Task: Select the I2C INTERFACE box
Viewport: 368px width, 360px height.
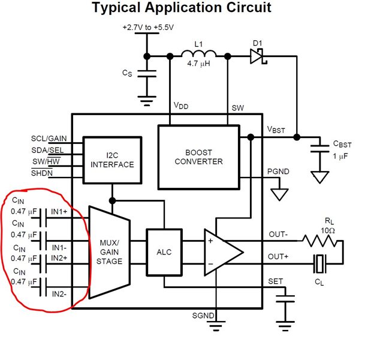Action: [x=113, y=159]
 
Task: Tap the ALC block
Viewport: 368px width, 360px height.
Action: [x=164, y=253]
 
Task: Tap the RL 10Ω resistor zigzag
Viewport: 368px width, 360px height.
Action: [x=320, y=241]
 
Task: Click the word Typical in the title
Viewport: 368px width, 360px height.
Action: [x=118, y=8]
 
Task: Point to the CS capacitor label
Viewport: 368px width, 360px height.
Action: [x=126, y=73]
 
